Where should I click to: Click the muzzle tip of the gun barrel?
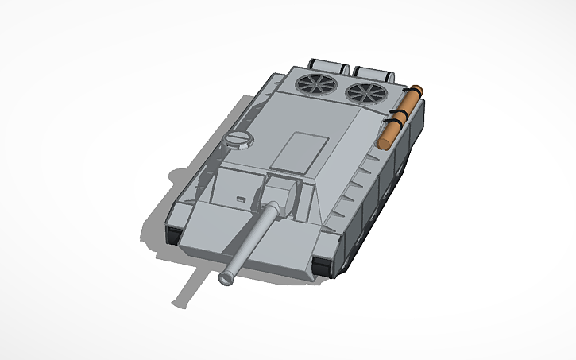pos(226,278)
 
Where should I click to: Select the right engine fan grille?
pos(365,91)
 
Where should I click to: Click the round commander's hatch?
pos(238,139)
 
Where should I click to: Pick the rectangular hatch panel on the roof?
pos(299,151)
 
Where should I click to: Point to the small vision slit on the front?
pos(239,195)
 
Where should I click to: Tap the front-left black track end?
pos(173,234)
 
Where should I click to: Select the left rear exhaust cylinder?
pos(326,64)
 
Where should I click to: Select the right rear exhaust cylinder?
pos(372,72)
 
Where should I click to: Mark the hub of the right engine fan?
pos(365,91)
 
